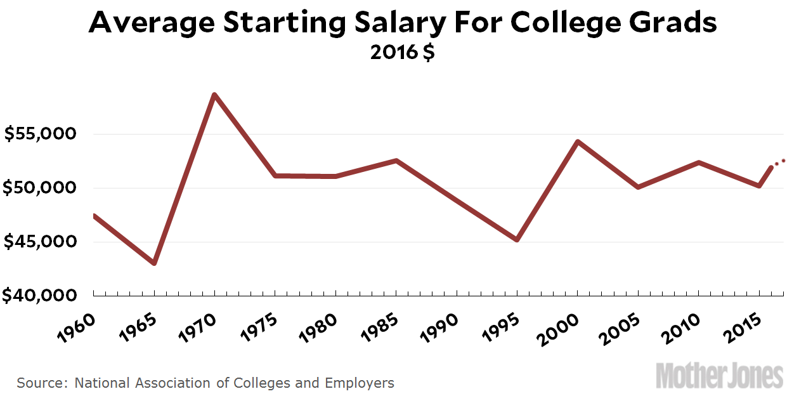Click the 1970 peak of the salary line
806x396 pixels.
click(214, 95)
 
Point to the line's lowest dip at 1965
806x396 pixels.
click(154, 263)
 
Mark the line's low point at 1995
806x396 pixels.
click(517, 240)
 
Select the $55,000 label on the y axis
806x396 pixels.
click(41, 134)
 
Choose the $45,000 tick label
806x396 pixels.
click(41, 242)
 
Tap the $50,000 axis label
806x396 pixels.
click(41, 188)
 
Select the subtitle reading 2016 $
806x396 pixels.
click(403, 52)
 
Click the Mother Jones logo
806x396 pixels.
click(720, 376)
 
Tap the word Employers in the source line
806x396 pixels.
click(360, 383)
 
